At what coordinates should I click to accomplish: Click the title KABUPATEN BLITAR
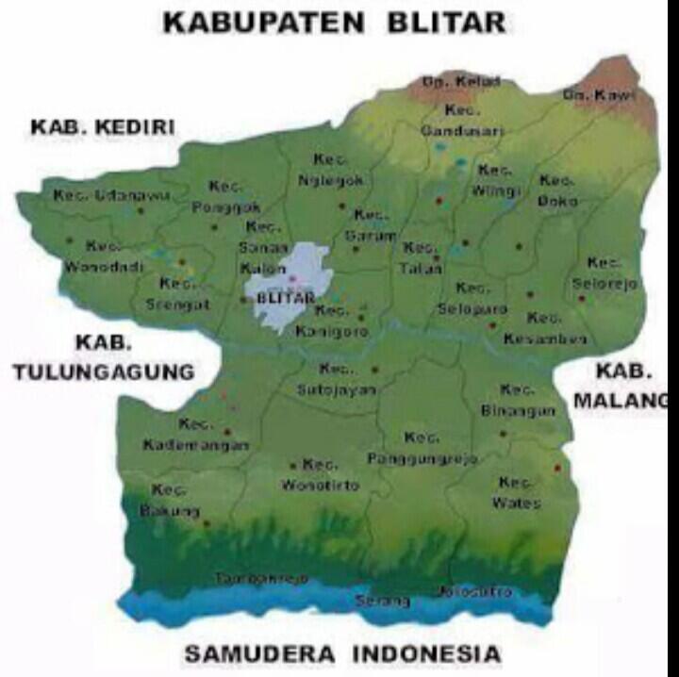(335, 23)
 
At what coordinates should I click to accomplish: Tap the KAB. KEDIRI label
(104, 127)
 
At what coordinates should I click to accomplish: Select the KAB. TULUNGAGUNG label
(104, 357)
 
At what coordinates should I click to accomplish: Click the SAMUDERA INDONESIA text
(342, 652)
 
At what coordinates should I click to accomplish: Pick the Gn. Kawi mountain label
(599, 95)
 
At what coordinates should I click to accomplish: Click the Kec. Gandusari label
(462, 121)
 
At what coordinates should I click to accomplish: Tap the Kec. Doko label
(557, 190)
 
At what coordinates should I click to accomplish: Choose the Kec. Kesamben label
(545, 328)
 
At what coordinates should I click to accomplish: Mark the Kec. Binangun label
(518, 401)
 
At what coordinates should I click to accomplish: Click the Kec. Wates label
(516, 492)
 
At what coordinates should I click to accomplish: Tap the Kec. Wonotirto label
(321, 475)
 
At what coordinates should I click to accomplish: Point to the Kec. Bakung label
(169, 501)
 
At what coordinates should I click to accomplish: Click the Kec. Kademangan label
(196, 434)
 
